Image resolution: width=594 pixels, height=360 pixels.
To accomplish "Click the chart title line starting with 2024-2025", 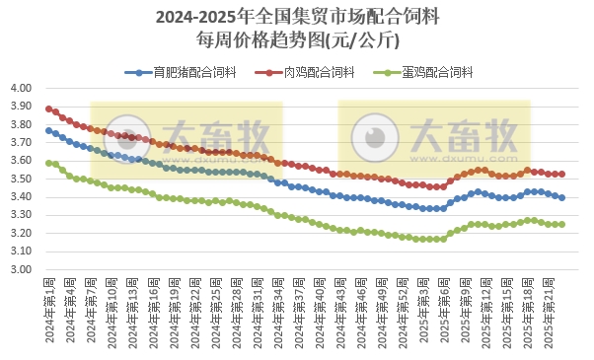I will point(297,17).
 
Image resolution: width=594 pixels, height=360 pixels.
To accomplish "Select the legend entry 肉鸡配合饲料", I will point(313,71).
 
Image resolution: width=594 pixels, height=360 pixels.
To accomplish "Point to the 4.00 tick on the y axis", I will point(22,88).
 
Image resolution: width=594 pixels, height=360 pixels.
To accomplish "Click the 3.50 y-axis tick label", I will point(22,179).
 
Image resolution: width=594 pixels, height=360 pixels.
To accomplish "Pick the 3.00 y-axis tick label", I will point(22,269).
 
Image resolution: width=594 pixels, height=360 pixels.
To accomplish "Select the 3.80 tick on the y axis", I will point(22,124).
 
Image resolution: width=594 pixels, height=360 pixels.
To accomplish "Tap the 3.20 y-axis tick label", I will point(22,233).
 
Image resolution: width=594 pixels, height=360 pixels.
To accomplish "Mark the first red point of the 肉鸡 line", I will point(48,108).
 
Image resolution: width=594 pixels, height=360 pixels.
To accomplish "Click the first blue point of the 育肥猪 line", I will point(48,130).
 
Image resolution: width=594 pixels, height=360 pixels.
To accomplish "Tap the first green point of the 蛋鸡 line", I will point(48,163).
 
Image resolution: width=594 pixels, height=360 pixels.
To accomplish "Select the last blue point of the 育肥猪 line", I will point(561,197).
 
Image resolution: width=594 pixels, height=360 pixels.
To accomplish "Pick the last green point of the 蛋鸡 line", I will point(561,224).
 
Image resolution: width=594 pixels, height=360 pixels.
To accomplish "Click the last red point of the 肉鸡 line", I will point(561,174).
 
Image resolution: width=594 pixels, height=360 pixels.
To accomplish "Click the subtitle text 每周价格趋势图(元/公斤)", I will point(297,40).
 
